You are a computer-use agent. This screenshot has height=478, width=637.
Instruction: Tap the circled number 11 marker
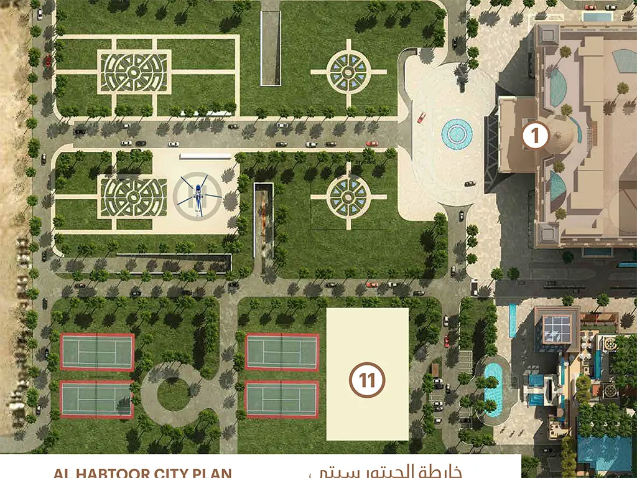(367, 379)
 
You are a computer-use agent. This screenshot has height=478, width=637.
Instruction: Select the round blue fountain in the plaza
(457, 132)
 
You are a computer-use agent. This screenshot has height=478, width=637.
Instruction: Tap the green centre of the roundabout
(174, 394)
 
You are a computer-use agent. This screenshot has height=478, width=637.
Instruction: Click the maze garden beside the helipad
(133, 197)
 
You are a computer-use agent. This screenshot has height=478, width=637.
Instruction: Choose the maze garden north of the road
(134, 72)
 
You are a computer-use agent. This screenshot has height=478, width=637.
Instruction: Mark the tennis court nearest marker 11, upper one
(282, 352)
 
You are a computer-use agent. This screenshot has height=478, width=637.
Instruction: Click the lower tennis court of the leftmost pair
(96, 399)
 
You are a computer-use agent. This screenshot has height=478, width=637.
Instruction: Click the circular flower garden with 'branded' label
(349, 197)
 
